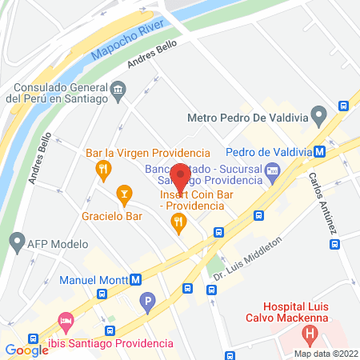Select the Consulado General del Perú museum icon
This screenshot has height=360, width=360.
point(119,88)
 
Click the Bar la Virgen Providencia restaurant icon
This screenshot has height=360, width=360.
point(102,169)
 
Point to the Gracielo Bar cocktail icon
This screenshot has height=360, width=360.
point(124,193)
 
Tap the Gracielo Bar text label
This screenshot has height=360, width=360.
point(111,216)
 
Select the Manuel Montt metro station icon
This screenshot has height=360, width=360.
point(136,280)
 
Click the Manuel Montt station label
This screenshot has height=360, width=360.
point(93,280)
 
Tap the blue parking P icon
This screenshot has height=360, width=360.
point(146,302)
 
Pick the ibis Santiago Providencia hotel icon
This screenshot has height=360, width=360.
point(66,326)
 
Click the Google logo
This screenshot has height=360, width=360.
point(26,350)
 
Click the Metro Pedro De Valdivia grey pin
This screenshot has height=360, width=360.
point(318,117)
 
